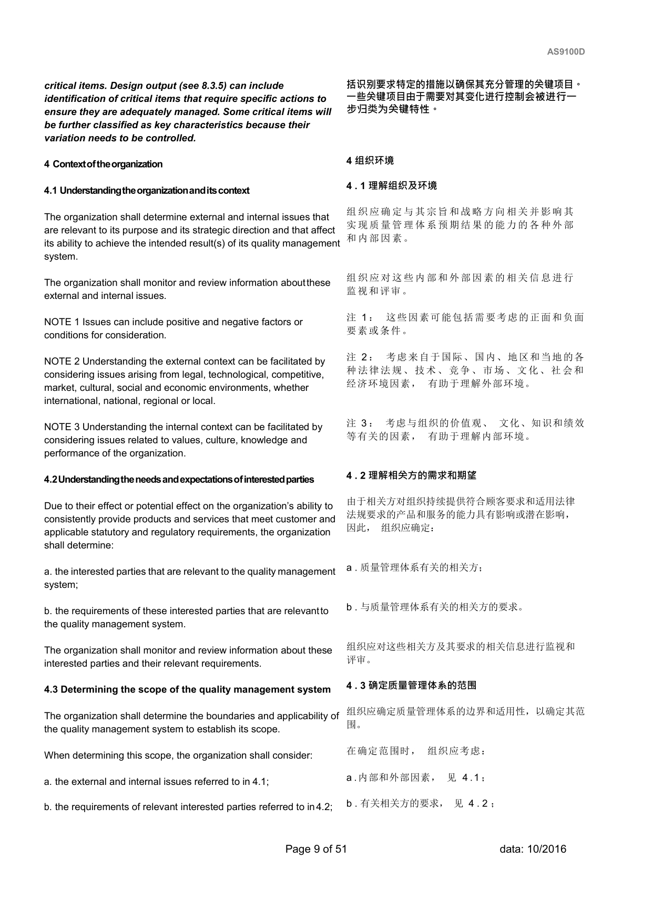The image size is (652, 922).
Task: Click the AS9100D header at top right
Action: click(x=566, y=52)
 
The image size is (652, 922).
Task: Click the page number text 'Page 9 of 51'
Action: click(x=316, y=849)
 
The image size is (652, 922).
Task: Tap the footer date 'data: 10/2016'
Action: click(x=533, y=849)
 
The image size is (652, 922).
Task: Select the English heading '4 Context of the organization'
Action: click(x=103, y=164)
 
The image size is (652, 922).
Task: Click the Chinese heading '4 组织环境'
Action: click(x=370, y=161)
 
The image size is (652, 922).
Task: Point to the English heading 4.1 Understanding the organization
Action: click(x=147, y=191)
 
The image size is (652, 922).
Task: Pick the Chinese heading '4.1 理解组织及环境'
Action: click(x=392, y=186)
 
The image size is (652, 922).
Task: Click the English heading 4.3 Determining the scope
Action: click(x=187, y=690)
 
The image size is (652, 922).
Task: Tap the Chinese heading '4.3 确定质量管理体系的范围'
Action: click(x=412, y=686)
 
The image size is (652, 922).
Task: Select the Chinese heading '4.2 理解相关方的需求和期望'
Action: click(x=412, y=475)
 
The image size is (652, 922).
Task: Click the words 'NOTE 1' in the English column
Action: click(x=62, y=322)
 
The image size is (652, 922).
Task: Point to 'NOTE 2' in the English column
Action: click(x=62, y=361)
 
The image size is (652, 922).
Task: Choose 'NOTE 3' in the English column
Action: click(x=62, y=427)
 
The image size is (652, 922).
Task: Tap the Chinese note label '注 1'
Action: click(x=360, y=318)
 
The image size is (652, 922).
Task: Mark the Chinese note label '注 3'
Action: click(x=360, y=423)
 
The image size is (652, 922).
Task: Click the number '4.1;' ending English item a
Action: click(x=260, y=782)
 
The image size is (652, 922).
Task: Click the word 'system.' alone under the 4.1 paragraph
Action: click(x=61, y=256)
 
